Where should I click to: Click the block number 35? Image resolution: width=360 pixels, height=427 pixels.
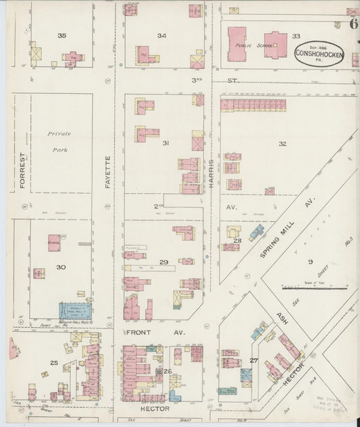(x=62, y=35)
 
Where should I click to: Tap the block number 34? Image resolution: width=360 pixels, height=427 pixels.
(x=162, y=35)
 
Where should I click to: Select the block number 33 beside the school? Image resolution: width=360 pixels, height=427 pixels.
(x=296, y=36)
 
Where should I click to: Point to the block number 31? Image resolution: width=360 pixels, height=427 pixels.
(x=165, y=143)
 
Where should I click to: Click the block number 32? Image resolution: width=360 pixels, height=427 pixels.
(x=282, y=143)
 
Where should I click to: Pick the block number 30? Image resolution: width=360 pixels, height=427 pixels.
(x=61, y=268)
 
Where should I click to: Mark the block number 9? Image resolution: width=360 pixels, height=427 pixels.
(x=311, y=261)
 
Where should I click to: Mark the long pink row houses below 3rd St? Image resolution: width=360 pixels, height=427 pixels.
(x=253, y=105)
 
